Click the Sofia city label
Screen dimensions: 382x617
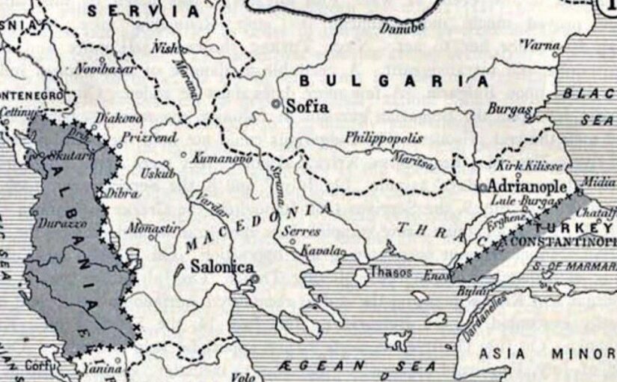[x=307, y=107]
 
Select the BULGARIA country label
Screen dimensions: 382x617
[x=393, y=81]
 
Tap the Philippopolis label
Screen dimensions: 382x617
[x=384, y=139]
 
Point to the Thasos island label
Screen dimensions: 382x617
[x=391, y=273]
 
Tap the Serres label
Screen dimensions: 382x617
[x=302, y=232]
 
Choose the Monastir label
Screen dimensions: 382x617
[x=156, y=225]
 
